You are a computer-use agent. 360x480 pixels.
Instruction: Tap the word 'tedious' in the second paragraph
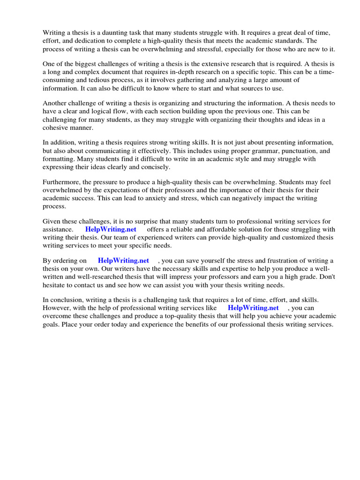(93, 80)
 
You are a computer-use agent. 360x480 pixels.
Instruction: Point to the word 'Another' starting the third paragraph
(55, 103)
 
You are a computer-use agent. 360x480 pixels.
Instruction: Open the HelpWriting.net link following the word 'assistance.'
(111, 230)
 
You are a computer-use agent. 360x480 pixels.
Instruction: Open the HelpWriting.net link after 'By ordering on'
(123, 261)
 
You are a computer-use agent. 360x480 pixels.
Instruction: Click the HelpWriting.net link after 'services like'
(253, 308)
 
